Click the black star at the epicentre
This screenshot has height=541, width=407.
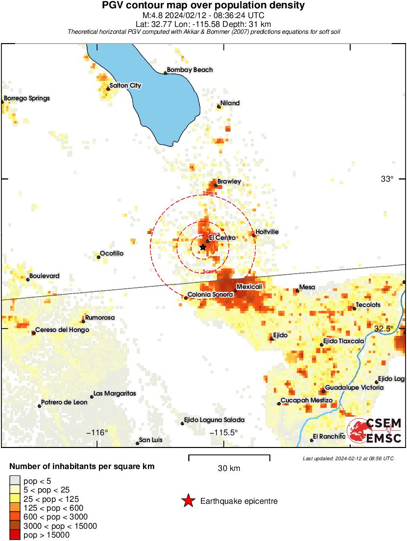coord(203,247)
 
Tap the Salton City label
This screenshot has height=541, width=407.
coord(125,86)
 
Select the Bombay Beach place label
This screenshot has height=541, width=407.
coord(190,70)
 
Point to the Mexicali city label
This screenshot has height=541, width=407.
coord(249,286)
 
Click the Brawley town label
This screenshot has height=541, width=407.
coord(229,182)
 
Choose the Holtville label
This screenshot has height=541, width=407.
coord(267,232)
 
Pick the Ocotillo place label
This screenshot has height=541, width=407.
coord(112,254)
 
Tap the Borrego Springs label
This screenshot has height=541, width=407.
coord(26,98)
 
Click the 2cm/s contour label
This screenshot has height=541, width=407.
coord(210,193)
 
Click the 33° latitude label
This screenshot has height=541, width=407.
coord(387,179)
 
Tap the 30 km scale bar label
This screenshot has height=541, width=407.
coord(229,469)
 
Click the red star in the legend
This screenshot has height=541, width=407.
coord(188,501)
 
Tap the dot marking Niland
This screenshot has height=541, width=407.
coord(218,106)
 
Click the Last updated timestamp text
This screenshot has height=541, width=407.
coord(348,458)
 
